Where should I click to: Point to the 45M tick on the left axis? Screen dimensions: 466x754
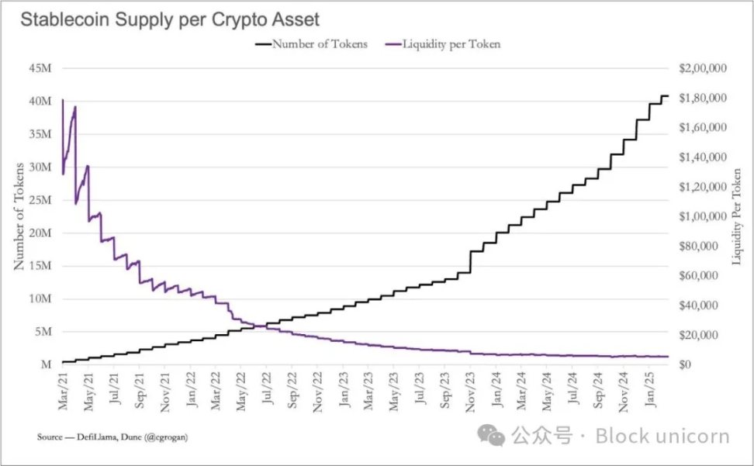pyautogui.click(x=41, y=68)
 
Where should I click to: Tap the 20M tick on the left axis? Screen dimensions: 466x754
pyautogui.click(x=41, y=233)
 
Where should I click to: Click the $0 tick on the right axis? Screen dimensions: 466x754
pyautogui.click(x=686, y=364)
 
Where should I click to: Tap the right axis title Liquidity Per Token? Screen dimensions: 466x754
pyautogui.click(x=737, y=216)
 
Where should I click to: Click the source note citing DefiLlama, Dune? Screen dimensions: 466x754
pyautogui.click(x=112, y=437)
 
